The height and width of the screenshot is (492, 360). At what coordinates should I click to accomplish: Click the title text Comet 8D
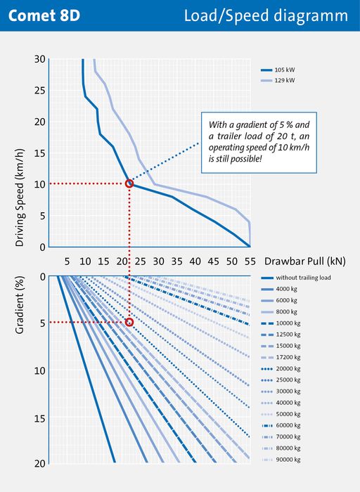coord(44,15)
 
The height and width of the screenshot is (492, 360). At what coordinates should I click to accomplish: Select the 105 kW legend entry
coord(278,70)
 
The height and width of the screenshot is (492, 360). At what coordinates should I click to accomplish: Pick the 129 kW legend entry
coord(278,80)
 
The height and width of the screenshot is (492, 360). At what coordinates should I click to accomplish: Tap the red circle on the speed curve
coord(129,183)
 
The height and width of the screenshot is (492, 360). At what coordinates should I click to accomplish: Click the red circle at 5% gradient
coord(129,322)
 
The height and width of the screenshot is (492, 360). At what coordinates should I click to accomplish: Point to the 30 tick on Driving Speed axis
coord(40,59)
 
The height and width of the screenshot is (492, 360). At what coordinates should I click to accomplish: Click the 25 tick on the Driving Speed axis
coord(40,91)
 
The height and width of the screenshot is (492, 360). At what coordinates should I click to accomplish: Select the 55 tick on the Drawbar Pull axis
coord(250,261)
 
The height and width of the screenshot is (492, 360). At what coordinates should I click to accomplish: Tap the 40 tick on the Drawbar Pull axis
coord(195,261)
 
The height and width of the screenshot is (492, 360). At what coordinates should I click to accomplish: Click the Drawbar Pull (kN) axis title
coord(305,261)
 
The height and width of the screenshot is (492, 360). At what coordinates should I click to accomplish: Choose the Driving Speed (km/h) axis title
coord(20,198)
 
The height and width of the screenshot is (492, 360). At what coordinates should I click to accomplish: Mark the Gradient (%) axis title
coord(20,305)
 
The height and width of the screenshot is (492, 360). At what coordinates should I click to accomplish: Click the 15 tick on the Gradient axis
coord(40,418)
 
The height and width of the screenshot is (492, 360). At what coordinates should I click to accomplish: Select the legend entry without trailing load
coord(295,278)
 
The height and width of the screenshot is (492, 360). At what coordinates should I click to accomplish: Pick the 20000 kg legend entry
coord(281,369)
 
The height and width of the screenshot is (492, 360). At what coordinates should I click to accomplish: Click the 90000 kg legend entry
coord(281,460)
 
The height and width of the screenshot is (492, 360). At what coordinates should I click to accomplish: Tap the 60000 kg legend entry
coord(281,425)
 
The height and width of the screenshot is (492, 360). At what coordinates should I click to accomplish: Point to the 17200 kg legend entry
coord(281,357)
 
